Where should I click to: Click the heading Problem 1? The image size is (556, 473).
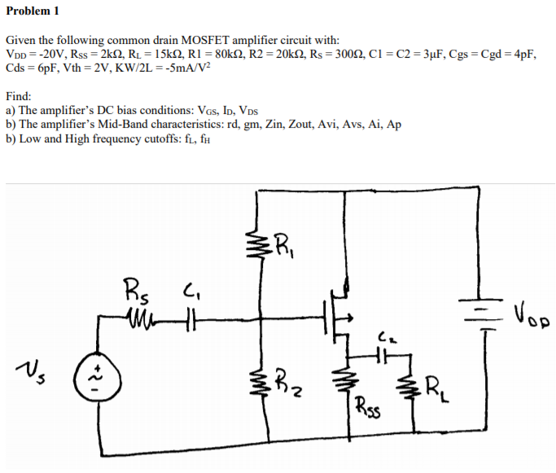click(33, 11)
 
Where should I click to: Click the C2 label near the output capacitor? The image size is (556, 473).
click(385, 334)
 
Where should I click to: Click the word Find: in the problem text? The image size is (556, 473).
click(19, 95)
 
